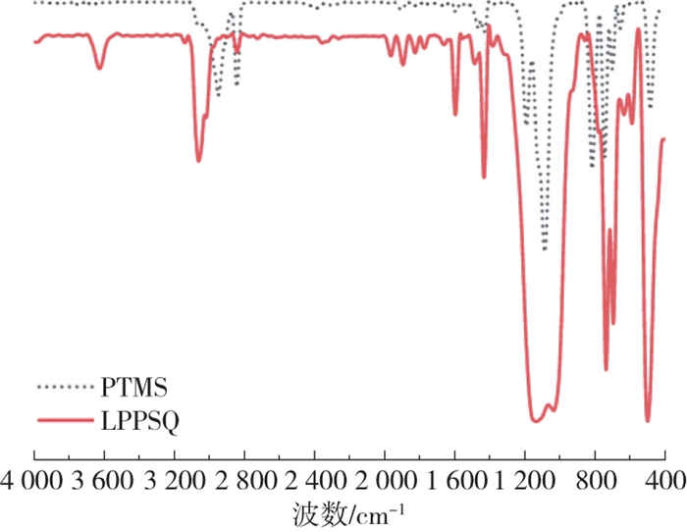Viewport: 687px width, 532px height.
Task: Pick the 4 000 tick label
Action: (35, 480)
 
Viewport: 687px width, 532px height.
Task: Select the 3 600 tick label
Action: (104, 480)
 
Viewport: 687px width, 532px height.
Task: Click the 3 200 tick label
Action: (175, 480)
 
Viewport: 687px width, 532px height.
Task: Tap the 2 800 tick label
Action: (244, 480)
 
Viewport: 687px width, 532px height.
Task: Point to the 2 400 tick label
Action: (315, 480)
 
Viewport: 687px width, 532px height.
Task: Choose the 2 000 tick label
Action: (385, 480)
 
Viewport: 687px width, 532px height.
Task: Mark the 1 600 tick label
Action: (454, 480)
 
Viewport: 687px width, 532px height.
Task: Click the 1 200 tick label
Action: (525, 480)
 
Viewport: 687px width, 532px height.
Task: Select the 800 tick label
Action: (595, 480)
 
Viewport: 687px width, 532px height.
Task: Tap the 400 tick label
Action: (664, 480)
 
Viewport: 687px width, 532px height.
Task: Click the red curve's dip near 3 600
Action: (99, 68)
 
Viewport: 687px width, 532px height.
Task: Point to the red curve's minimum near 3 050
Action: (199, 160)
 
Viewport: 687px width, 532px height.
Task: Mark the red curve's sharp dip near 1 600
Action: (455, 114)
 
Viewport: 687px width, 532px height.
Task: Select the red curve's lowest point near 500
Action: (648, 420)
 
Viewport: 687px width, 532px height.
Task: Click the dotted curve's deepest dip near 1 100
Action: (545, 249)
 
